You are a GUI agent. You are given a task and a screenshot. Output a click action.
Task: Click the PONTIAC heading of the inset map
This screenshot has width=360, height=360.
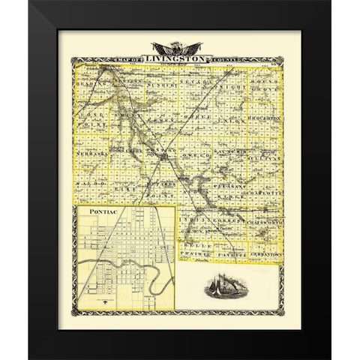(97, 214)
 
